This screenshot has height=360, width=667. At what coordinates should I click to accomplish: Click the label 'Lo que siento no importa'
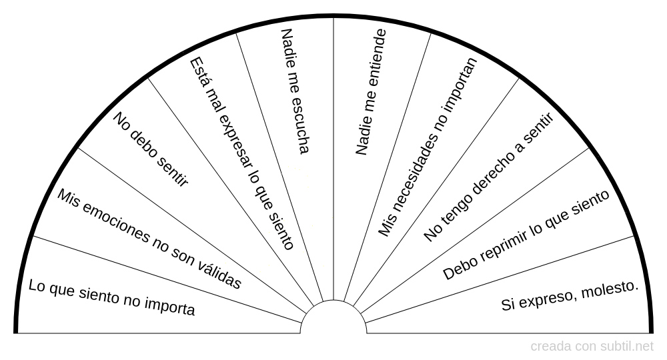(112, 297)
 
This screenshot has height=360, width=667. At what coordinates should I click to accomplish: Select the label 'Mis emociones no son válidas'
(149, 239)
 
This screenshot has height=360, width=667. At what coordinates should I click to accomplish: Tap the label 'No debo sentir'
(151, 150)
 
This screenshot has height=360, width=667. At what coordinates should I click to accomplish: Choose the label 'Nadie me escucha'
(295, 91)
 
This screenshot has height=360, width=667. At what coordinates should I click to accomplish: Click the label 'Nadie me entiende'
(371, 92)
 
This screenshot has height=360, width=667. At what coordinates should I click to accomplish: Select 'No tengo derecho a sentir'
(489, 177)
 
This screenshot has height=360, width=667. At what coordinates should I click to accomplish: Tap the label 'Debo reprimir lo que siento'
(526, 235)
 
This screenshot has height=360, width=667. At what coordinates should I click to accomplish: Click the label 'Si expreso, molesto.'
(570, 296)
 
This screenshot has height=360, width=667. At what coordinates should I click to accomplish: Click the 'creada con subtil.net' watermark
(592, 347)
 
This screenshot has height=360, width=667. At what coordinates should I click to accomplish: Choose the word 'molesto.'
(610, 290)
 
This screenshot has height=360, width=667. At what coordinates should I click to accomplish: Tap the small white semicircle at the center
(333, 319)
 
